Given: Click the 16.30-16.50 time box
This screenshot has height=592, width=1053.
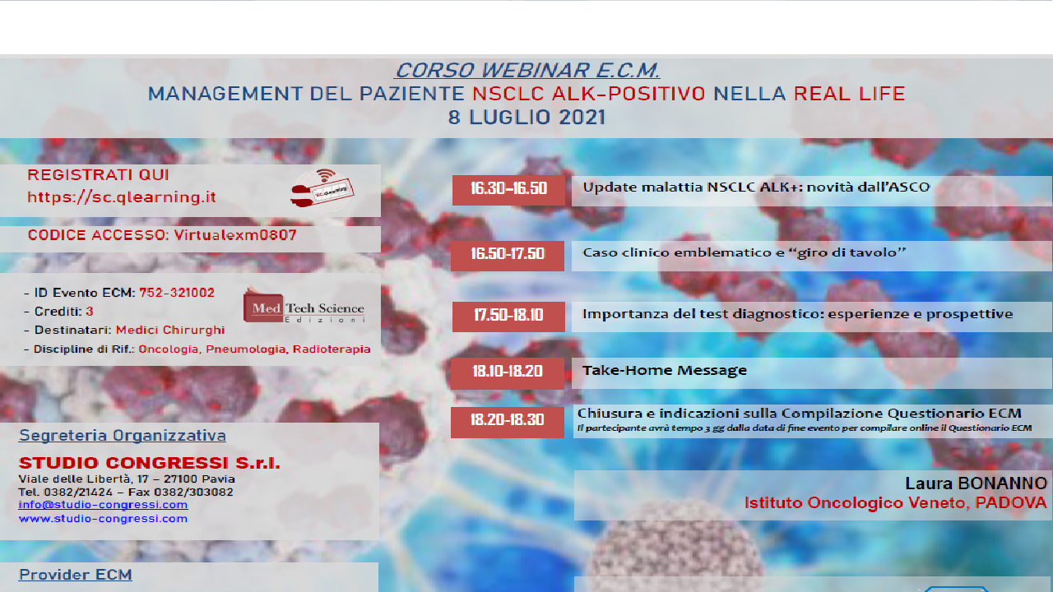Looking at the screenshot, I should tap(508, 189).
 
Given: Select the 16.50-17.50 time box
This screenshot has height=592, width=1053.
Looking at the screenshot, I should tap(508, 255).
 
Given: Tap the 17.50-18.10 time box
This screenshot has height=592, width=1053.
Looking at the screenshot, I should tap(508, 317).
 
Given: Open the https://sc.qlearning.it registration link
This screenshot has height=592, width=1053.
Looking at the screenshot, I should tap(122, 197).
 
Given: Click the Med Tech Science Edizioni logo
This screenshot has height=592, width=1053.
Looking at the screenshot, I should tap(304, 306).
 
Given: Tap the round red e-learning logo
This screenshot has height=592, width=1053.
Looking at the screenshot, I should tap(322, 188).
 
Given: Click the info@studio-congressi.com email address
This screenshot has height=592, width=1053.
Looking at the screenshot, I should tap(103, 505).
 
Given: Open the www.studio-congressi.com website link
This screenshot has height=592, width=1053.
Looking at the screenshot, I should tap(103, 519).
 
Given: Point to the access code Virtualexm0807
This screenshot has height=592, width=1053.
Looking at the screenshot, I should tap(234, 236).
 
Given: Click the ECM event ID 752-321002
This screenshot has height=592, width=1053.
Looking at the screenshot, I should tap(177, 293).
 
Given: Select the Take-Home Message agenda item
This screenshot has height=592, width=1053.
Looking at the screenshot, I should tap(665, 371).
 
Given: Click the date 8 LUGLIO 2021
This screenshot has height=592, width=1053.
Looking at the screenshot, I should tap(526, 118).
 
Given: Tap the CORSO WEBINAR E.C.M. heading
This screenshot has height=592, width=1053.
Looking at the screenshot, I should tap(527, 71).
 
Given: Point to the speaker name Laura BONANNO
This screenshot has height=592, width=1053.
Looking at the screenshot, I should tap(976, 483).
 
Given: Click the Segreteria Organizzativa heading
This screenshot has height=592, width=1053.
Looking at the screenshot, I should tap(122, 436).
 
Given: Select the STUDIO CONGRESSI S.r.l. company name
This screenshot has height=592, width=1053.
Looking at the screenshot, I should tap(149, 463).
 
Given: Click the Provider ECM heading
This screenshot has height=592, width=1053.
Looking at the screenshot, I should tap(75, 575).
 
